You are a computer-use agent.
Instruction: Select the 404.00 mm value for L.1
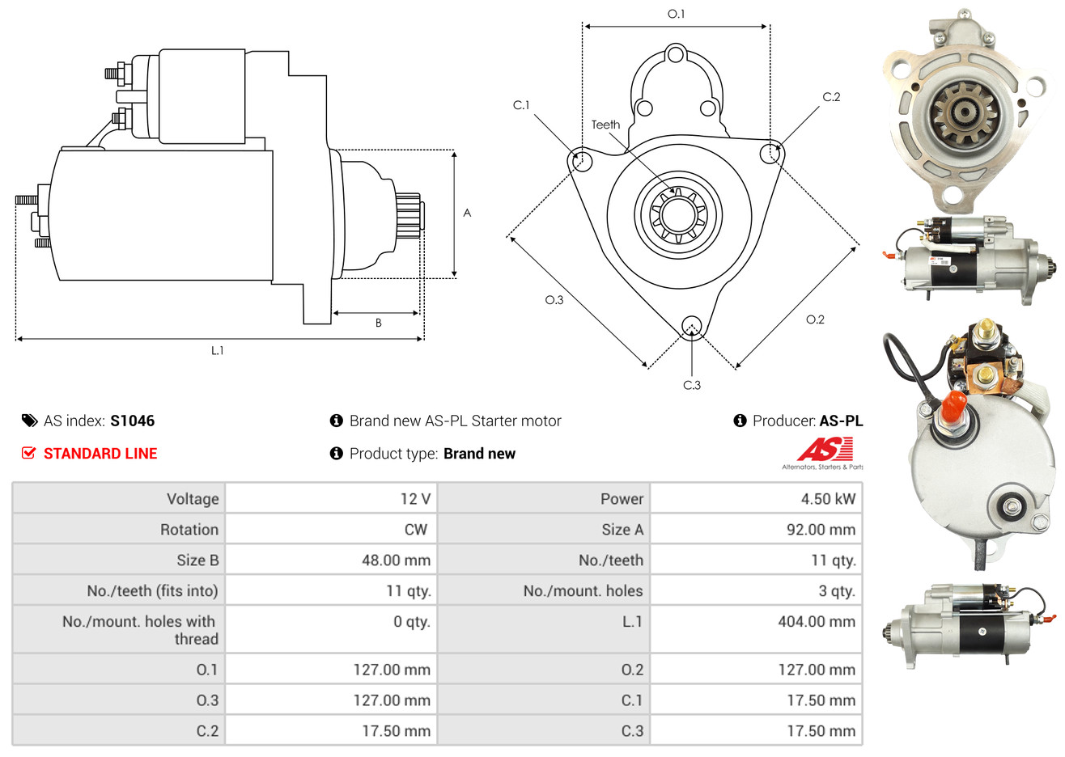817,622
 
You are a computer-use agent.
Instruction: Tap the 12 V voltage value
415,499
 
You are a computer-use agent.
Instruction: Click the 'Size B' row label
197,560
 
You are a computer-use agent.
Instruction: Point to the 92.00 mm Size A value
821,530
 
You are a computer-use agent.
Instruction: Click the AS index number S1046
132,421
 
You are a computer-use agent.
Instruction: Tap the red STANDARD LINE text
100,454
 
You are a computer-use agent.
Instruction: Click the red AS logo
825,449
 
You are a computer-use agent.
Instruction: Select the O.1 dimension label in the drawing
676,14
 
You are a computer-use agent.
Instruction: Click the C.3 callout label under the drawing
692,385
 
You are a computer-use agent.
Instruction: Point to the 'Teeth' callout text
605,125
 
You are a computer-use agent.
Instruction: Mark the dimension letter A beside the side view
467,213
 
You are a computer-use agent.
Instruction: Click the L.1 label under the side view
217,351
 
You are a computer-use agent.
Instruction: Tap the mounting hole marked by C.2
770,153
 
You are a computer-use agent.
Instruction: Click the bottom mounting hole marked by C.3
692,326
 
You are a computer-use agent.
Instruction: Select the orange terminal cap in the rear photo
953,408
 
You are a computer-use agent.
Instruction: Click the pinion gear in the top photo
965,112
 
